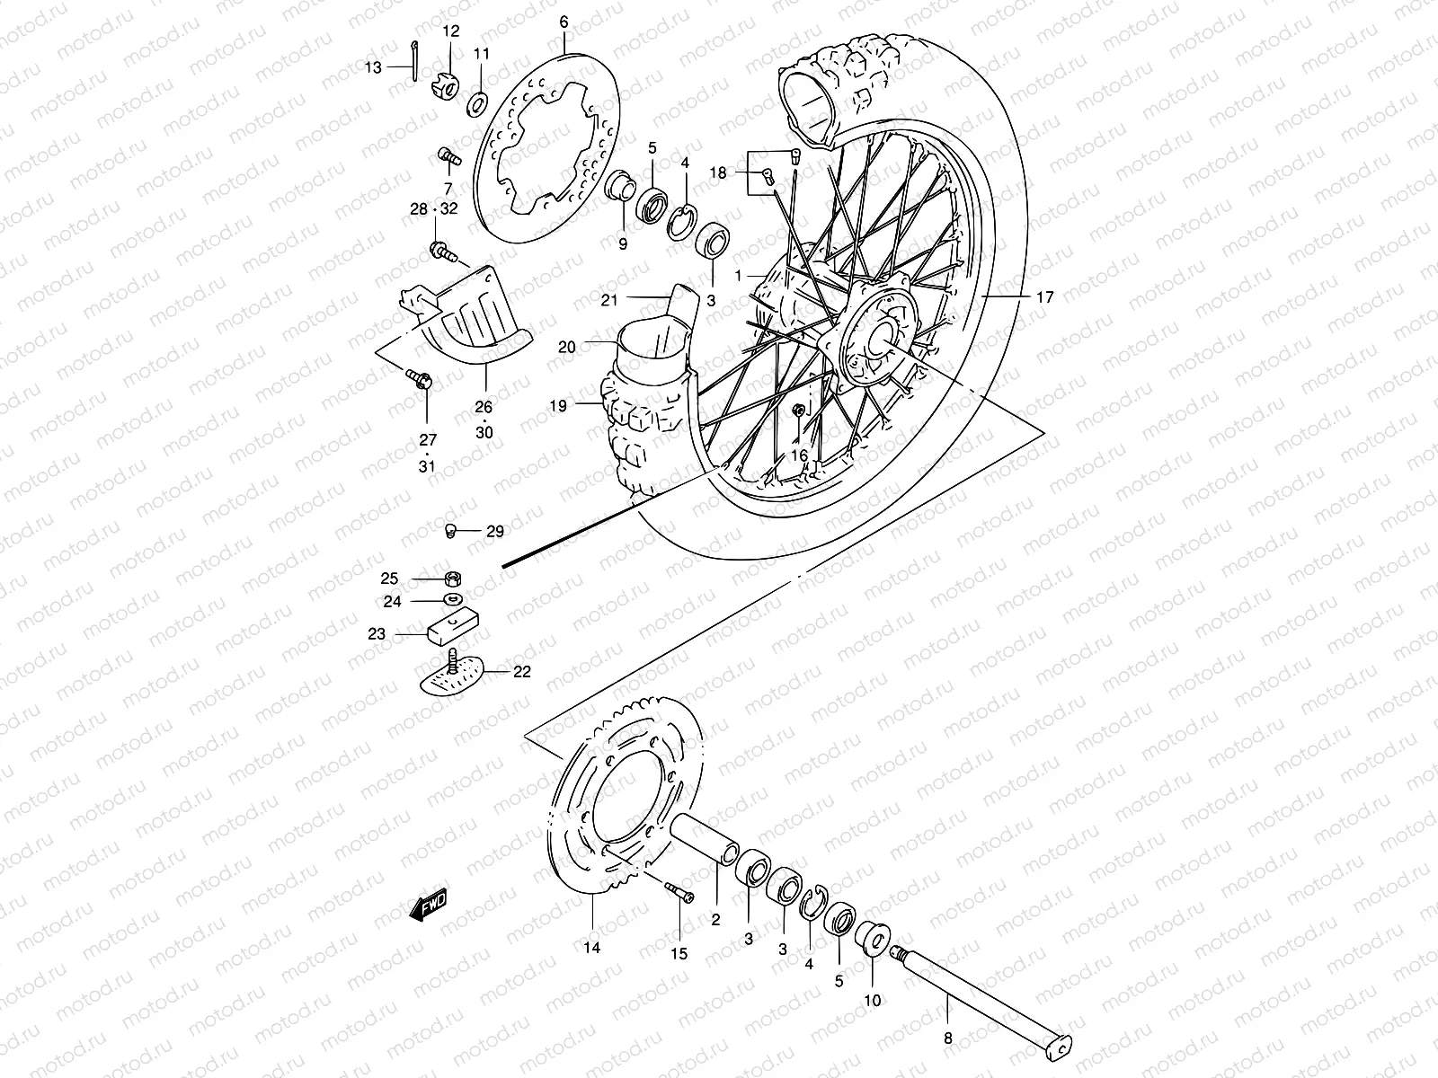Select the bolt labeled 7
(x=449, y=157)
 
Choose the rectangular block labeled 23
(x=455, y=623)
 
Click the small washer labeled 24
(x=454, y=599)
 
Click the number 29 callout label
(x=495, y=532)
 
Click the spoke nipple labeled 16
(x=798, y=411)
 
